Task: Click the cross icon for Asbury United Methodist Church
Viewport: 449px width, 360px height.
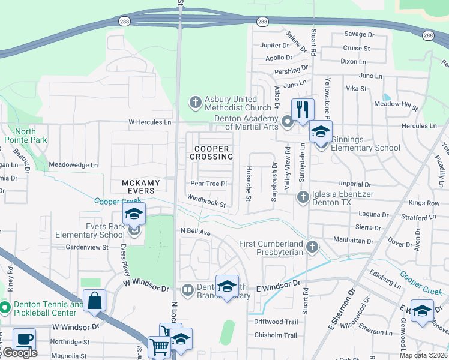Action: tap(195, 103)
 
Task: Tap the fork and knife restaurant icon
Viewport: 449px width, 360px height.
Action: tap(303, 109)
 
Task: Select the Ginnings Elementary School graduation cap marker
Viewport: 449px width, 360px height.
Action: tap(321, 131)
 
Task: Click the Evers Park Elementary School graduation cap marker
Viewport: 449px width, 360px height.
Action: tap(134, 214)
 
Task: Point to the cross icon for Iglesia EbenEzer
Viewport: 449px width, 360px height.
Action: tap(303, 196)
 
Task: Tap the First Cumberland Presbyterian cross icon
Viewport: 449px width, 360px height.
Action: tap(312, 247)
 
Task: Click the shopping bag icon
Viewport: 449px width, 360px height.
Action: tap(95, 300)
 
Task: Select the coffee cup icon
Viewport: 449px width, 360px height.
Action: tap(24, 339)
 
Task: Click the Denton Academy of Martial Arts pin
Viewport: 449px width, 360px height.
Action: tap(288, 122)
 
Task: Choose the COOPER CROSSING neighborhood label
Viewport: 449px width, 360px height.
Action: tap(211, 152)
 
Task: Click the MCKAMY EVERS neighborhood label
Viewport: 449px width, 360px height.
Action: tap(141, 187)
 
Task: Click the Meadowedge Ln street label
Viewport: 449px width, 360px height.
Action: tap(73, 164)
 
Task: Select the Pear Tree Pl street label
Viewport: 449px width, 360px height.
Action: tap(208, 184)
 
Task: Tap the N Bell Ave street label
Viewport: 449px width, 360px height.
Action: tap(196, 231)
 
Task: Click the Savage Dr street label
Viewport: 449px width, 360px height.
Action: tap(359, 34)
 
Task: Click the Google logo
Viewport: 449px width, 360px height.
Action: tap(20, 353)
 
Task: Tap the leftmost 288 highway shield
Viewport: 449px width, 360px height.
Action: tap(122, 21)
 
